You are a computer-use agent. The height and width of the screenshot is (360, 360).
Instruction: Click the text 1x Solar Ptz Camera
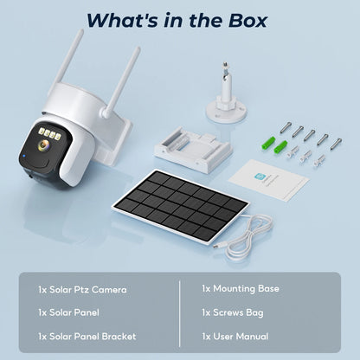tap(82, 289)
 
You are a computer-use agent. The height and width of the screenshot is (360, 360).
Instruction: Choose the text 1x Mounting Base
tap(240, 288)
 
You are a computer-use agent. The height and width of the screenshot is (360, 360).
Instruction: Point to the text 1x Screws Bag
tap(233, 312)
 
